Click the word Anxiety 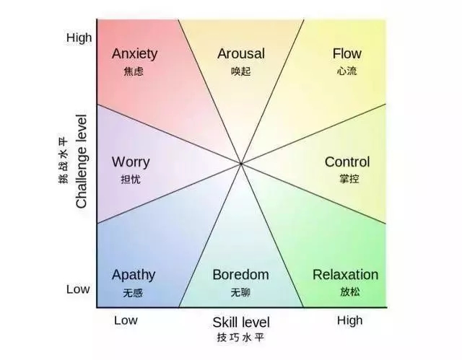pos(134,54)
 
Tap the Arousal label pos(241,53)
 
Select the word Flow pos(346,53)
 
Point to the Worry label pos(131,162)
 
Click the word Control pos(347,162)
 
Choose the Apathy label pos(134,275)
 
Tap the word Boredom pos(240,275)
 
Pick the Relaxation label pos(345,275)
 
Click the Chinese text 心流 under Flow pos(346,71)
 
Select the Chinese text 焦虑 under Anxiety pos(134,71)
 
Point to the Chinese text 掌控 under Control pos(349,179)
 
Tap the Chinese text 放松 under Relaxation pos(350,291)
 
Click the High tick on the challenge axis pos(79,38)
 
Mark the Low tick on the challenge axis pos(78,289)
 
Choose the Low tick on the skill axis pos(126,320)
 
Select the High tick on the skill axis pos(349,320)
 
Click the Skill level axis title pos(241,322)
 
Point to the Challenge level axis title pos(82,162)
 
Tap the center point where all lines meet pos(241,163)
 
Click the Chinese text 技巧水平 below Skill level pos(240,338)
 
